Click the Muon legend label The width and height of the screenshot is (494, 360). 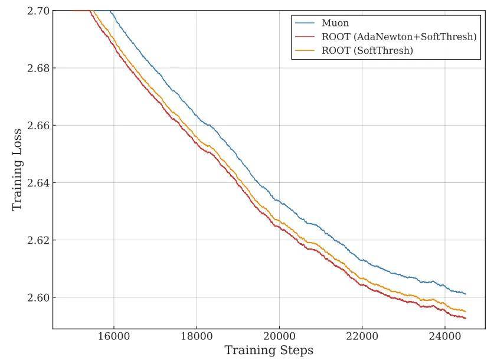(x=335, y=24)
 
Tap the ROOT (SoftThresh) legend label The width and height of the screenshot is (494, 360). (x=367, y=51)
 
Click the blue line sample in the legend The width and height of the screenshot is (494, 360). (x=306, y=24)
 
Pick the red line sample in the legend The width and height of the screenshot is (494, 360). (x=306, y=37)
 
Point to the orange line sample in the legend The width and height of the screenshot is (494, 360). (x=306, y=51)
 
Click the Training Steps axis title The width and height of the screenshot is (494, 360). (x=269, y=351)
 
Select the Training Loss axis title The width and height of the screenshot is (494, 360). (x=17, y=169)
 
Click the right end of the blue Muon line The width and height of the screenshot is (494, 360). (x=466, y=293)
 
